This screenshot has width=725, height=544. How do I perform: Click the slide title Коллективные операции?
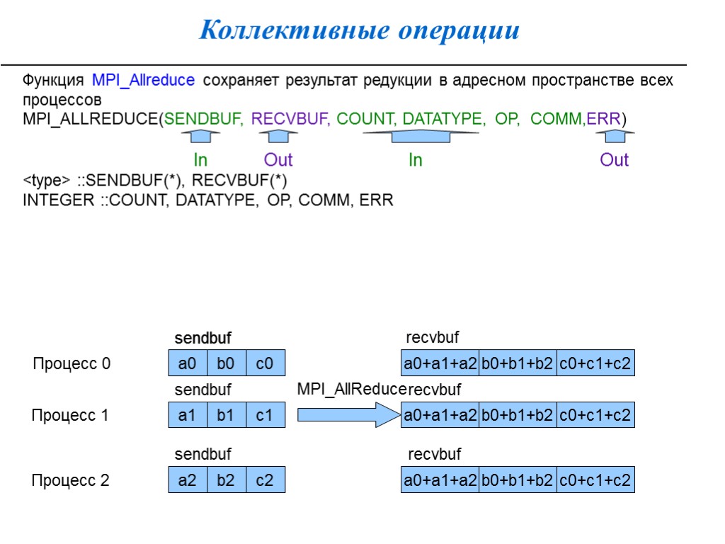coord(360,30)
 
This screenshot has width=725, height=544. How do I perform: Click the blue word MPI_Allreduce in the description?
coord(143,80)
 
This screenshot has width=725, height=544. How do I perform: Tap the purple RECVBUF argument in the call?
coord(290,118)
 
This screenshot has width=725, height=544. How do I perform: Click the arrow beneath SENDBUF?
coord(200,137)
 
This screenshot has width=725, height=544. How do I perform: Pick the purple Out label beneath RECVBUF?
coord(278,160)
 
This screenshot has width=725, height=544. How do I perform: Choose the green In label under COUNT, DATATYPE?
coord(415,160)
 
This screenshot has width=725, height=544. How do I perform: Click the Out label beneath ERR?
coord(614,160)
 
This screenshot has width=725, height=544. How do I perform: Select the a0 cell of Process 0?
coord(188,364)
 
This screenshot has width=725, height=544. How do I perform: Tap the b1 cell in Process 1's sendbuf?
coord(226,416)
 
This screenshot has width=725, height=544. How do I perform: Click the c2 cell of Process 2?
coord(264,481)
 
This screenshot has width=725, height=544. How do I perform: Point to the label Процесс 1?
coord(70,416)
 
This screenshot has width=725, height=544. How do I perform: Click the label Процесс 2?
coord(70,481)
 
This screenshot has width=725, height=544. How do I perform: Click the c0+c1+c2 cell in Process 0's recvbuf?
coord(595,364)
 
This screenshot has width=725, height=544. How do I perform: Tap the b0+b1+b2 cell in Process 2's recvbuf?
coord(518,481)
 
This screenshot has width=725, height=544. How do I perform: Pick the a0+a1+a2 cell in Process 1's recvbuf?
coord(440,416)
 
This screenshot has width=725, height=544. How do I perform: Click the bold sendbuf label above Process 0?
coord(203,338)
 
